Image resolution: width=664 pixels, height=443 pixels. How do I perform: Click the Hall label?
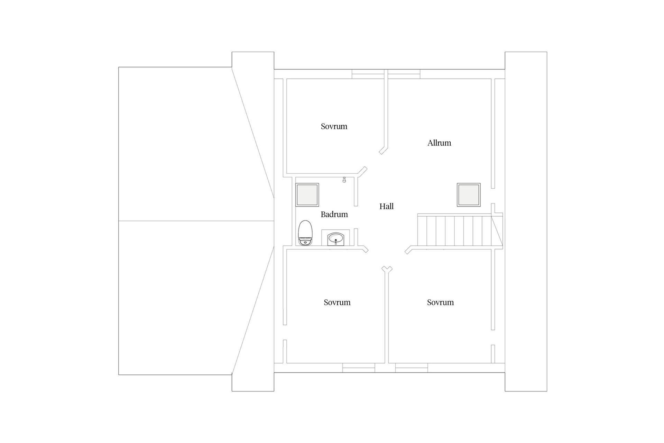[x=386, y=206]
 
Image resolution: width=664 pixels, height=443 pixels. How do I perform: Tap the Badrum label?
[x=334, y=214]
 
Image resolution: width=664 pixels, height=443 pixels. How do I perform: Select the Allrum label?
[x=439, y=143]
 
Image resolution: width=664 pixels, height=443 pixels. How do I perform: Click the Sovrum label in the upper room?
[x=334, y=126]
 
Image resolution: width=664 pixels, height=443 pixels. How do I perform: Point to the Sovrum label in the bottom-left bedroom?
[x=337, y=302]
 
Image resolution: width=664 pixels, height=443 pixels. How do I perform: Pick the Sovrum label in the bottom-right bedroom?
[x=440, y=302]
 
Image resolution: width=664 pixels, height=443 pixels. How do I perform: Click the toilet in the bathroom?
[x=305, y=233]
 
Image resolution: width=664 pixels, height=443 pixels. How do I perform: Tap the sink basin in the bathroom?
[x=335, y=238]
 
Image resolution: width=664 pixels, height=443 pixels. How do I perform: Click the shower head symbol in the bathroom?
[x=344, y=180]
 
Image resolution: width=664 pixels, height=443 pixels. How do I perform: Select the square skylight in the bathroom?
[x=307, y=195]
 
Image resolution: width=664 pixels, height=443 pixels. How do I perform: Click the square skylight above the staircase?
[x=469, y=195]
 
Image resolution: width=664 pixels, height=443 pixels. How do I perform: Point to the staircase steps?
[x=455, y=230]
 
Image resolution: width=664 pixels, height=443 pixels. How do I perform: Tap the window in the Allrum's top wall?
[x=404, y=74]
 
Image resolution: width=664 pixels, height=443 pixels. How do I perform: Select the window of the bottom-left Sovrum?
[x=359, y=368]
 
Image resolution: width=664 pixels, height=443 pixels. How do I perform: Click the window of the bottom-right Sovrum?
[x=412, y=368]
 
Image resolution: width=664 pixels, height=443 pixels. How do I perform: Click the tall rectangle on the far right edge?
[x=526, y=221]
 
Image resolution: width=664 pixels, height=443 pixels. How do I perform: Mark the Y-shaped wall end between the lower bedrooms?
[x=387, y=269]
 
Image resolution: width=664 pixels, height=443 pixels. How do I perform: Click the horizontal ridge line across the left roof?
[x=196, y=221]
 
